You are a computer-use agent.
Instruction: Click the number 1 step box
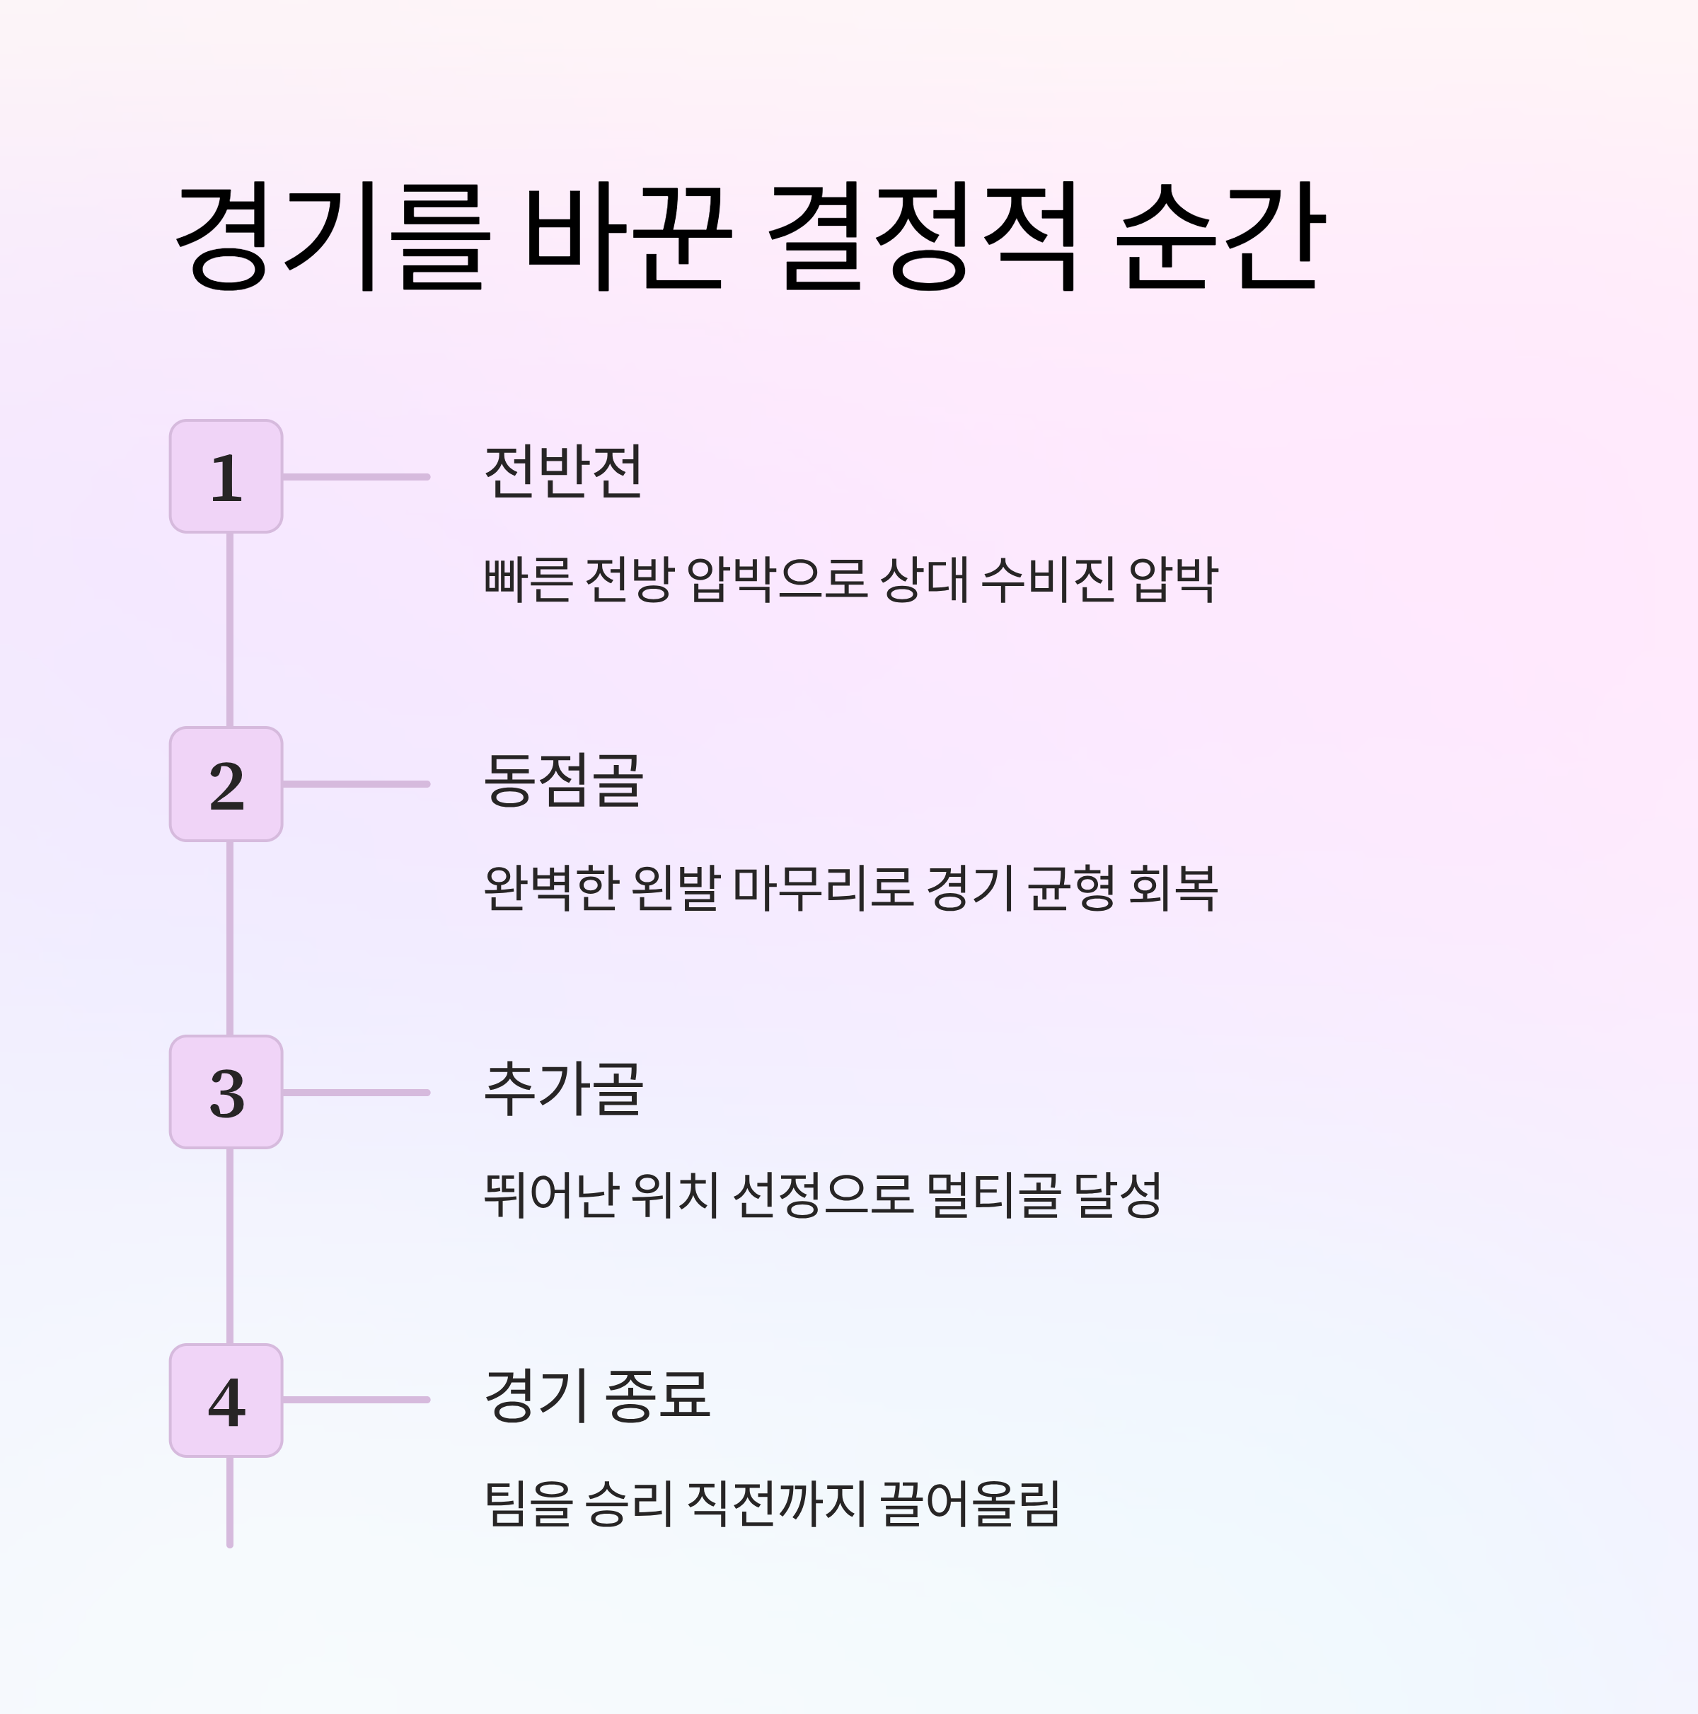click(x=226, y=476)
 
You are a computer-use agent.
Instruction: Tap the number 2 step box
click(x=226, y=784)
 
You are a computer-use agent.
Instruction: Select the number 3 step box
click(x=226, y=1092)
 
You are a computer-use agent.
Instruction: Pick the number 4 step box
click(x=226, y=1400)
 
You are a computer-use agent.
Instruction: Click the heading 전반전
click(x=562, y=472)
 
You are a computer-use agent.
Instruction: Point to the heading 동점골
click(x=562, y=780)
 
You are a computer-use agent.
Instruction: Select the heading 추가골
click(x=562, y=1088)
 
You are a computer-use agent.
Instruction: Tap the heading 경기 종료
click(x=597, y=1396)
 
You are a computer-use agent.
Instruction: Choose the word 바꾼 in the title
click(x=628, y=237)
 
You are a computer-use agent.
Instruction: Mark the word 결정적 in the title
click(x=923, y=237)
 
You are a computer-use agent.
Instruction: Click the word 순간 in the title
click(x=1219, y=237)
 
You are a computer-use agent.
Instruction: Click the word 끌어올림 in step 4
click(x=970, y=1503)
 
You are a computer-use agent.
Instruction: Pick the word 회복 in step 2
click(x=1173, y=887)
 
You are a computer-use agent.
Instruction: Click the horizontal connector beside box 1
click(x=356, y=477)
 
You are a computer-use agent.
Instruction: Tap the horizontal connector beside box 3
click(x=356, y=1092)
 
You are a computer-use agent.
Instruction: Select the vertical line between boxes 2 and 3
click(x=230, y=938)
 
